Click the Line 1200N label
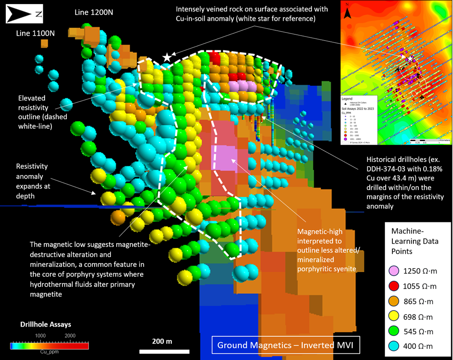[x=94, y=12]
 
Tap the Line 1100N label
[x=35, y=33]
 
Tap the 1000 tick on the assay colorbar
[x=41, y=335]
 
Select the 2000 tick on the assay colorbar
[x=70, y=335]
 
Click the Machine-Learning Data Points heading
[x=414, y=241]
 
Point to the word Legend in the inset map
[x=347, y=98]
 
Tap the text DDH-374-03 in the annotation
[x=386, y=168]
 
